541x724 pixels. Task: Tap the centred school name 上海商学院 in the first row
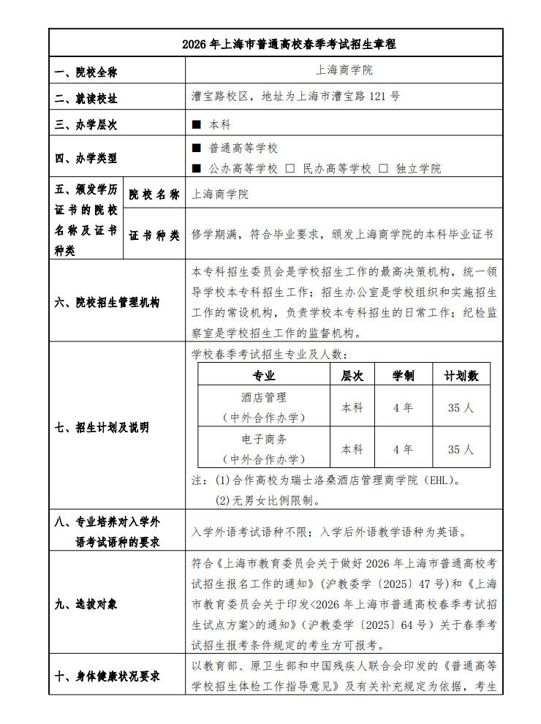tap(344, 70)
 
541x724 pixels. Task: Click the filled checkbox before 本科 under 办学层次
tap(196, 125)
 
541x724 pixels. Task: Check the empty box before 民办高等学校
tap(290, 168)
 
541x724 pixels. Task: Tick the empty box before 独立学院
tap(383, 168)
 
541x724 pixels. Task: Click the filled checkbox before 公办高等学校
tap(196, 168)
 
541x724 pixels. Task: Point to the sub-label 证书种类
tap(154, 235)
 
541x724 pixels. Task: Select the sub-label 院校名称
tap(154, 195)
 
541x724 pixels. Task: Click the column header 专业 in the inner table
tap(264, 376)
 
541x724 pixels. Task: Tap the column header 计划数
tap(461, 376)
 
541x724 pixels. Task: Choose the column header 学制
tap(403, 376)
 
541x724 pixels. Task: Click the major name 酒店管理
tap(264, 398)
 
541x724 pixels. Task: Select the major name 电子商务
tap(264, 440)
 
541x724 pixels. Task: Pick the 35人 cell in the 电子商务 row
tap(461, 449)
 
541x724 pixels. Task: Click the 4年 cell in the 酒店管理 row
tap(403, 407)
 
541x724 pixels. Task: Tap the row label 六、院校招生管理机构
tap(107, 302)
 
